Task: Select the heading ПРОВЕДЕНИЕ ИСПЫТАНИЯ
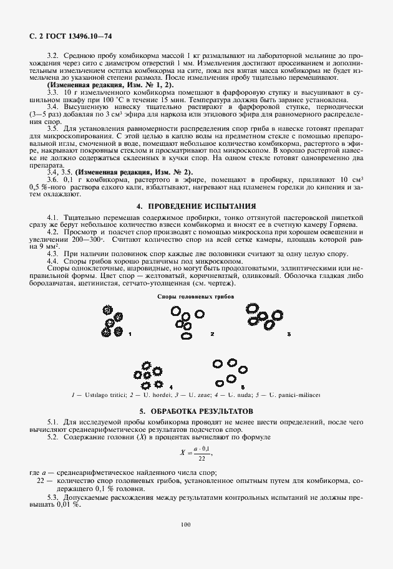[x=196, y=206]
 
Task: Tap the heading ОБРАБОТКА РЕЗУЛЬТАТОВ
[x=196, y=412]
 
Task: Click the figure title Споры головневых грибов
[x=195, y=297]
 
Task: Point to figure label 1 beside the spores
[x=130, y=335]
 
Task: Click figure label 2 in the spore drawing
[x=212, y=335]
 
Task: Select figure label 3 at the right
[x=289, y=335]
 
